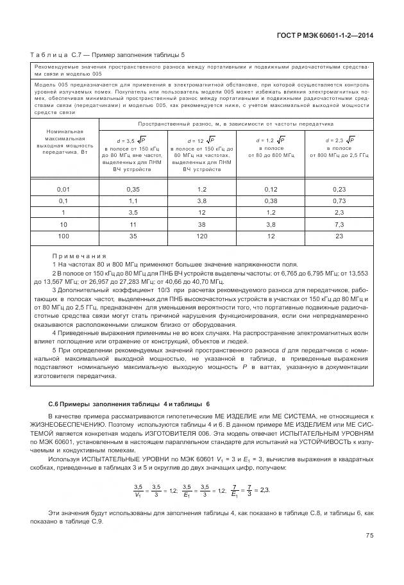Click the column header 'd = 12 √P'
click(x=201, y=140)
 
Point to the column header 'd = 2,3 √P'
click(x=340, y=140)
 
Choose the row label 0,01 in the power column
click(x=63, y=190)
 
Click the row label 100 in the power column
click(x=63, y=236)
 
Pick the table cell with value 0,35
click(x=133, y=190)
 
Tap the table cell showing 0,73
click(x=340, y=201)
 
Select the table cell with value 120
click(x=201, y=236)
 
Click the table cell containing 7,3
click(x=340, y=224)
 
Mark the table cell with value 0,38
click(x=271, y=201)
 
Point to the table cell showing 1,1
click(x=133, y=201)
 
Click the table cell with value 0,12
click(x=271, y=190)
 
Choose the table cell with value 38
click(x=201, y=224)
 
